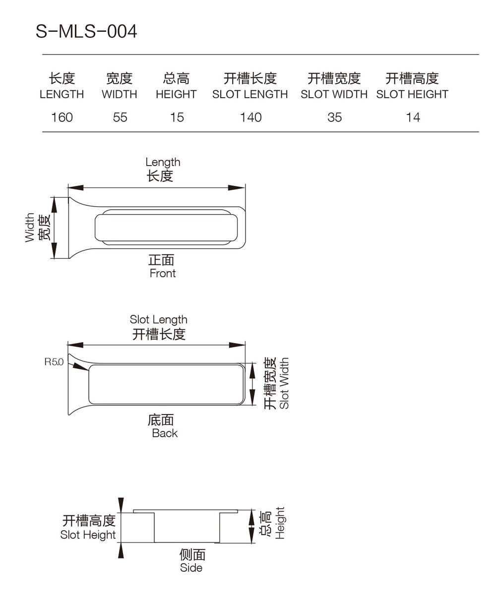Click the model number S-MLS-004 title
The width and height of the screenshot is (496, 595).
tap(86, 32)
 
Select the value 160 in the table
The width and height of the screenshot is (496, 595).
tap(62, 118)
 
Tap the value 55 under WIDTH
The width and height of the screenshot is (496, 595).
tap(120, 118)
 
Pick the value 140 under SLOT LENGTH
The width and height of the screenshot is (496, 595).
tap(250, 118)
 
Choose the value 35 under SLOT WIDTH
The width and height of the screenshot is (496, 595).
tap(334, 118)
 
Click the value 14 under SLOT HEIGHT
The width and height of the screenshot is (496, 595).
tap(413, 118)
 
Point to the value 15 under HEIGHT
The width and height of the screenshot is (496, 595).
tap(177, 118)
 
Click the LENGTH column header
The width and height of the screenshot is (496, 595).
tap(62, 94)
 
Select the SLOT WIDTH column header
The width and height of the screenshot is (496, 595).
tap(334, 94)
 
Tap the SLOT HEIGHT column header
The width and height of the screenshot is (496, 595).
tap(412, 94)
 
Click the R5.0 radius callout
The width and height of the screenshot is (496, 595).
tap(54, 362)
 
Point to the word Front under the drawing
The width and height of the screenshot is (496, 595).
tap(163, 273)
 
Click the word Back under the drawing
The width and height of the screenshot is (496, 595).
tap(165, 433)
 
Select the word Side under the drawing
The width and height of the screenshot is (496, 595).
tap(191, 568)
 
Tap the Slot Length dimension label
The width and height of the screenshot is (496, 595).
tap(159, 320)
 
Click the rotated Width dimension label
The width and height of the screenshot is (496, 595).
tap(30, 228)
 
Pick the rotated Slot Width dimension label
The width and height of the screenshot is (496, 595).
tap(284, 383)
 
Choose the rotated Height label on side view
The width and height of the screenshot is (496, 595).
tap(280, 523)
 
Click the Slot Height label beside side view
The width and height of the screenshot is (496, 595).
tap(88, 535)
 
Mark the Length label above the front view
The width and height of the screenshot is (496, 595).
tap(163, 162)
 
